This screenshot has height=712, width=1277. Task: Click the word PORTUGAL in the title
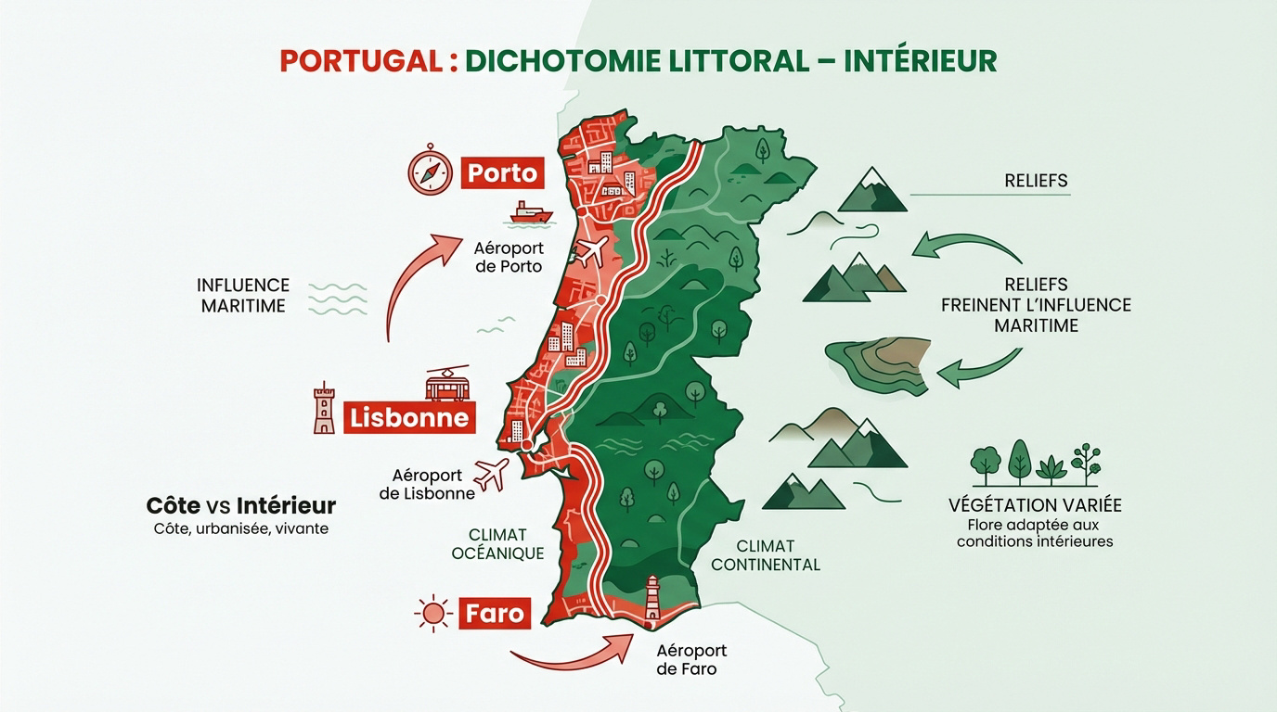coord(360,60)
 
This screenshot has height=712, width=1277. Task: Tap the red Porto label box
coord(502,172)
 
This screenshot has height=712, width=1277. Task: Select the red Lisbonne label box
coord(409,418)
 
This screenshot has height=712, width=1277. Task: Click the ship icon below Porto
coord(531,212)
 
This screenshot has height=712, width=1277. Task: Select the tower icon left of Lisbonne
coord(324,408)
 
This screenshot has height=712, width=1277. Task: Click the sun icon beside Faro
coord(432,614)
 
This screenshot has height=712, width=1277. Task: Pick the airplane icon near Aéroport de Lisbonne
coord(491,475)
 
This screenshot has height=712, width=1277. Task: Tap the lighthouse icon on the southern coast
coord(652,597)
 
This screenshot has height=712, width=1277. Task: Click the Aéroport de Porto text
coord(509,258)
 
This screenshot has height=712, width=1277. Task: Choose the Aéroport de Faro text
coord(691,660)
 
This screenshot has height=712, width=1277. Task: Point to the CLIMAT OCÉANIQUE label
coord(497,544)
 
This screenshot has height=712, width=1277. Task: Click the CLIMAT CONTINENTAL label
coord(765,555)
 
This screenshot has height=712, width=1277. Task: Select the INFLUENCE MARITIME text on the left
coord(243,295)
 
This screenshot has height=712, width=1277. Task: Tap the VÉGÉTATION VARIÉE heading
coord(1035,505)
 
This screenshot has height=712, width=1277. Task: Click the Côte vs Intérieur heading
coord(241,506)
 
